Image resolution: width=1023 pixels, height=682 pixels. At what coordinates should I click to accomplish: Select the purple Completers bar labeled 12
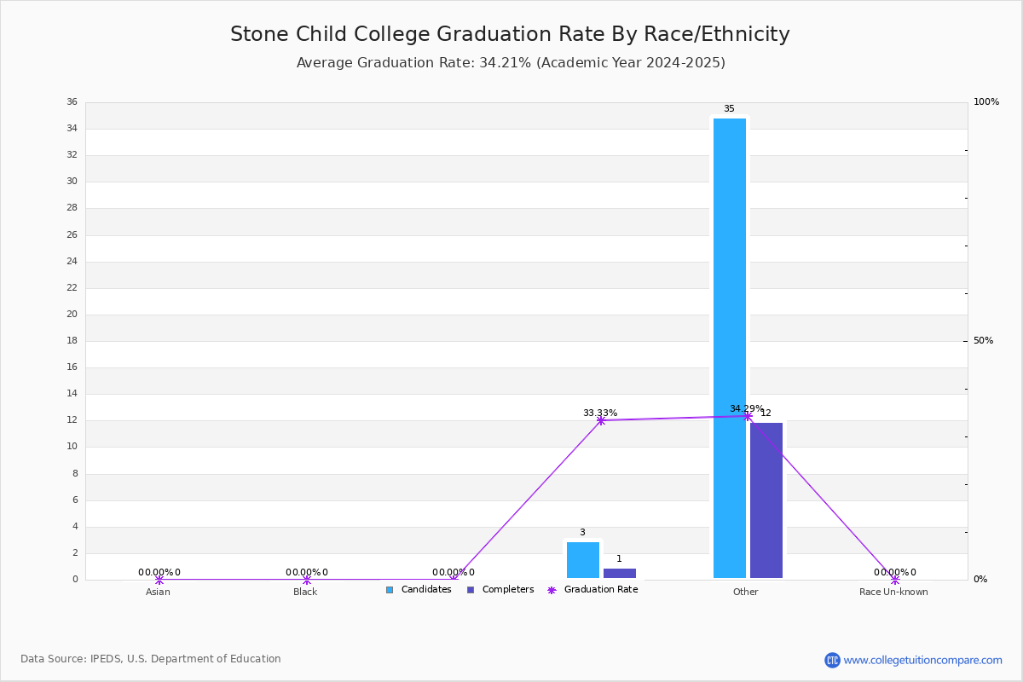(x=766, y=500)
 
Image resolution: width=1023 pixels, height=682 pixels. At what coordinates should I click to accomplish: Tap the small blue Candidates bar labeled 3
(x=583, y=560)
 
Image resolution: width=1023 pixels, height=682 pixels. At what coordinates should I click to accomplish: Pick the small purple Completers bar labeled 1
(x=620, y=574)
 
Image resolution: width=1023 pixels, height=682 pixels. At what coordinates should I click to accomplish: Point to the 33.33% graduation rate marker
(x=601, y=420)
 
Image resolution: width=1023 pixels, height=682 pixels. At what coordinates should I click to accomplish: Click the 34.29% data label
(x=746, y=409)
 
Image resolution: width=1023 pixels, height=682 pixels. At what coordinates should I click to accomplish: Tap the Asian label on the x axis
(x=158, y=592)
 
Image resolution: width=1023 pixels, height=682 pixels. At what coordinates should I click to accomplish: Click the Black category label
(x=305, y=592)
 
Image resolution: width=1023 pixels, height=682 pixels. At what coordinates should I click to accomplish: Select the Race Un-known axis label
(x=893, y=592)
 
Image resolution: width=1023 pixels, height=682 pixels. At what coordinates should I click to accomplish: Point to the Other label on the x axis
(x=745, y=592)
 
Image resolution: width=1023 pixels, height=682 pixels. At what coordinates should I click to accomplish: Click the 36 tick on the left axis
(x=72, y=102)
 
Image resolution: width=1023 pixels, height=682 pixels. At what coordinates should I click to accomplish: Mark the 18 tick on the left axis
(x=72, y=341)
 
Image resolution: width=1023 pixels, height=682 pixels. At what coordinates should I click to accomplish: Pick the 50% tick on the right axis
(x=983, y=341)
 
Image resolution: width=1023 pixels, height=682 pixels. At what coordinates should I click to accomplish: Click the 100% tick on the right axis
(x=986, y=102)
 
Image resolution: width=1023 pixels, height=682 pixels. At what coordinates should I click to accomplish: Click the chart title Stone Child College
(x=510, y=34)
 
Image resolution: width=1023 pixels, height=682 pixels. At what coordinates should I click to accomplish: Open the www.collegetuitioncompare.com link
(x=922, y=660)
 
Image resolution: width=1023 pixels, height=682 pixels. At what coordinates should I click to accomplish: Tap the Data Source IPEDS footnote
(x=151, y=659)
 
